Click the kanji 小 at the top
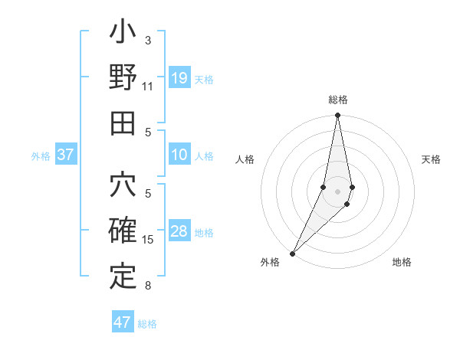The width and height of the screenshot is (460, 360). [123, 35]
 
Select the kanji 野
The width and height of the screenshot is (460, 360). [123, 78]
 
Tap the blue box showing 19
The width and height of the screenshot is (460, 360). [179, 78]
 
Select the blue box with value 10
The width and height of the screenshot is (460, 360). [179, 155]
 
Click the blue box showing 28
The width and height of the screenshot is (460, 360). [179, 232]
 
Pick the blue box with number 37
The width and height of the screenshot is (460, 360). [65, 155]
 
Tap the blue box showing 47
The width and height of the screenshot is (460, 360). [122, 322]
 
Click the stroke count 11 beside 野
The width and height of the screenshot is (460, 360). [148, 87]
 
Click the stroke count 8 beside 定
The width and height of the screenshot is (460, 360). [148, 286]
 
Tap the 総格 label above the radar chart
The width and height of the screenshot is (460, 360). [337, 100]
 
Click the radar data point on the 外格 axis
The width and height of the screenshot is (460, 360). [292, 253]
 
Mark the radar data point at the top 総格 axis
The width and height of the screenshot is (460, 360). [337, 116]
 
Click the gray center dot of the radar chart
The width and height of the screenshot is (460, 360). [337, 191]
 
